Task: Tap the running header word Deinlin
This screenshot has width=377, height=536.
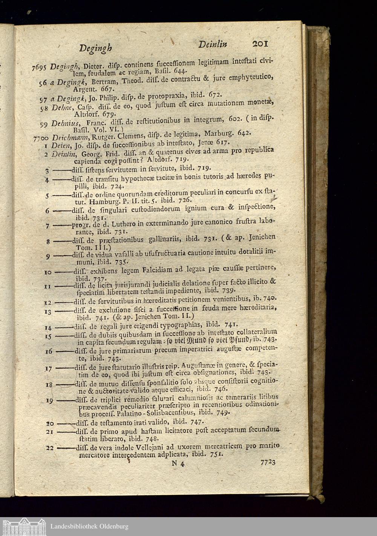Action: pyautogui.click(x=213, y=45)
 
